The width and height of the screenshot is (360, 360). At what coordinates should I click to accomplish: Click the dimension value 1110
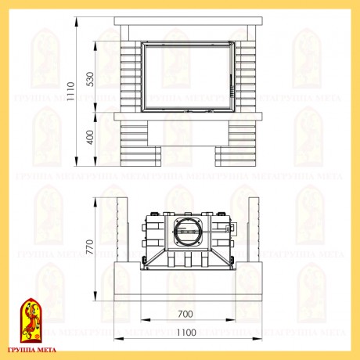coord(70,91)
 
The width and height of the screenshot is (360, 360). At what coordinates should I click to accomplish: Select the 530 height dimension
coord(90,79)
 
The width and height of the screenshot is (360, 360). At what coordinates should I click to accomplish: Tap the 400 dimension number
coord(90,137)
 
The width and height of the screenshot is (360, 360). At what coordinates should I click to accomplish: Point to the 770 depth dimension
coord(89,247)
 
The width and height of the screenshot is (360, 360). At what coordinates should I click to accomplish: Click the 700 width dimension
coord(185,314)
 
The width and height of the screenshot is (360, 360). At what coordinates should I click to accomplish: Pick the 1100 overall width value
coord(186,333)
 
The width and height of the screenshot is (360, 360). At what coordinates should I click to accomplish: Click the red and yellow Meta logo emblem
coord(31,320)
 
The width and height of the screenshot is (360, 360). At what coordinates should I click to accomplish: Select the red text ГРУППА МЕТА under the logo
coord(32,350)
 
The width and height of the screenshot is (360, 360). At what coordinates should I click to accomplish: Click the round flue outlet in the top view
coord(187,231)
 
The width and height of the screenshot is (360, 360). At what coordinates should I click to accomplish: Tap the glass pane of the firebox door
coord(188,77)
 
